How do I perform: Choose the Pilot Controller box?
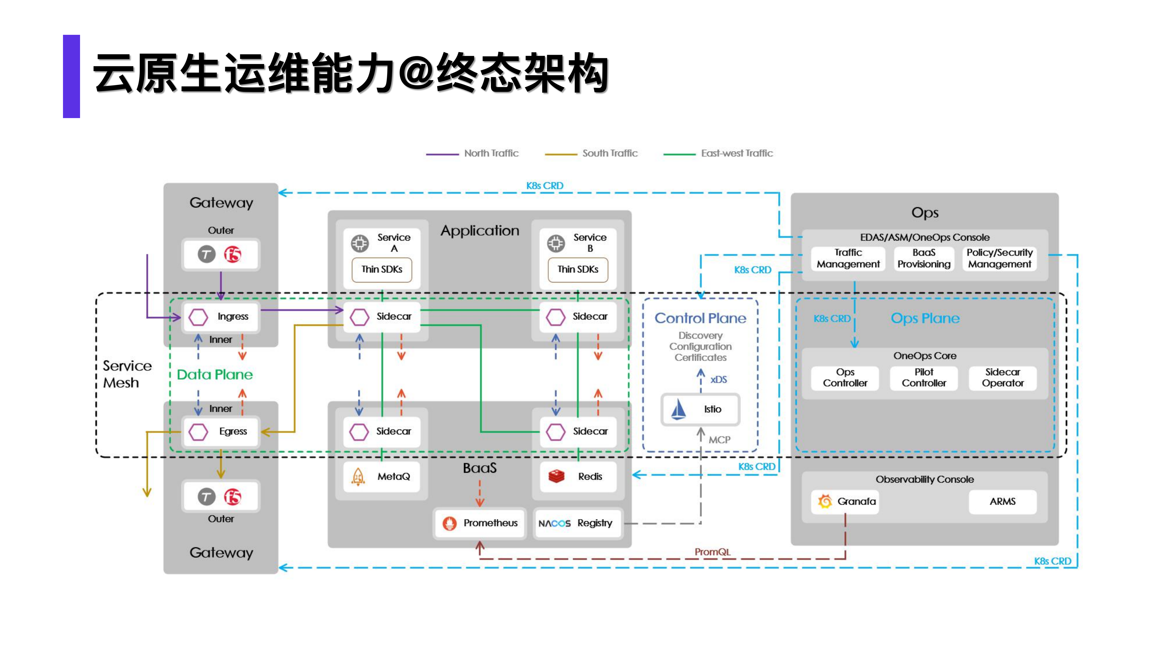[924, 377]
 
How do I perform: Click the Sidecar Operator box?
[1002, 377]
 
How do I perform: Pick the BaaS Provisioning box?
[924, 258]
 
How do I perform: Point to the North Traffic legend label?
[491, 153]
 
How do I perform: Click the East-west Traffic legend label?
[737, 153]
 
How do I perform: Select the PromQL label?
[712, 552]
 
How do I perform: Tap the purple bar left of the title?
[71, 76]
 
